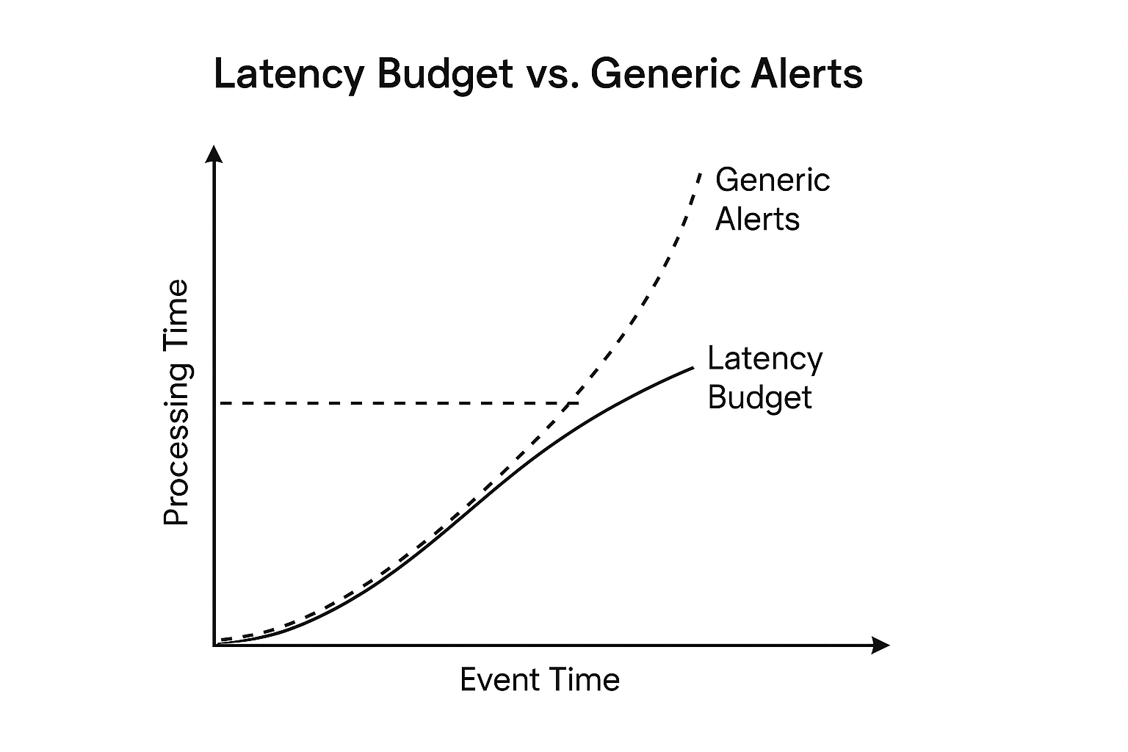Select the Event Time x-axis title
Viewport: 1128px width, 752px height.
[540, 679]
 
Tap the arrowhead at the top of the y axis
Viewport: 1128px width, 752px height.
[214, 153]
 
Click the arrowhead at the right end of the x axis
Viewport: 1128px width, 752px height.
[881, 646]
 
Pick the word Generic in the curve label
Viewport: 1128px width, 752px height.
[773, 180]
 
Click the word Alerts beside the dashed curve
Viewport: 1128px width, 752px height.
[757, 219]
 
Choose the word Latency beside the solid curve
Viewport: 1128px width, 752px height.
[764, 358]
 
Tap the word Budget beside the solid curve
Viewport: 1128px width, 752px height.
[759, 397]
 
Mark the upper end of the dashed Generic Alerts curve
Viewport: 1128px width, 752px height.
[700, 173]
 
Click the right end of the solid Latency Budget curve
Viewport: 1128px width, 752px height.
[692, 367]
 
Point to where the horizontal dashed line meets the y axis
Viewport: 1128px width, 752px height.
[214, 403]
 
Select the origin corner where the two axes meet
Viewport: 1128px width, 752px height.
[214, 645]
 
